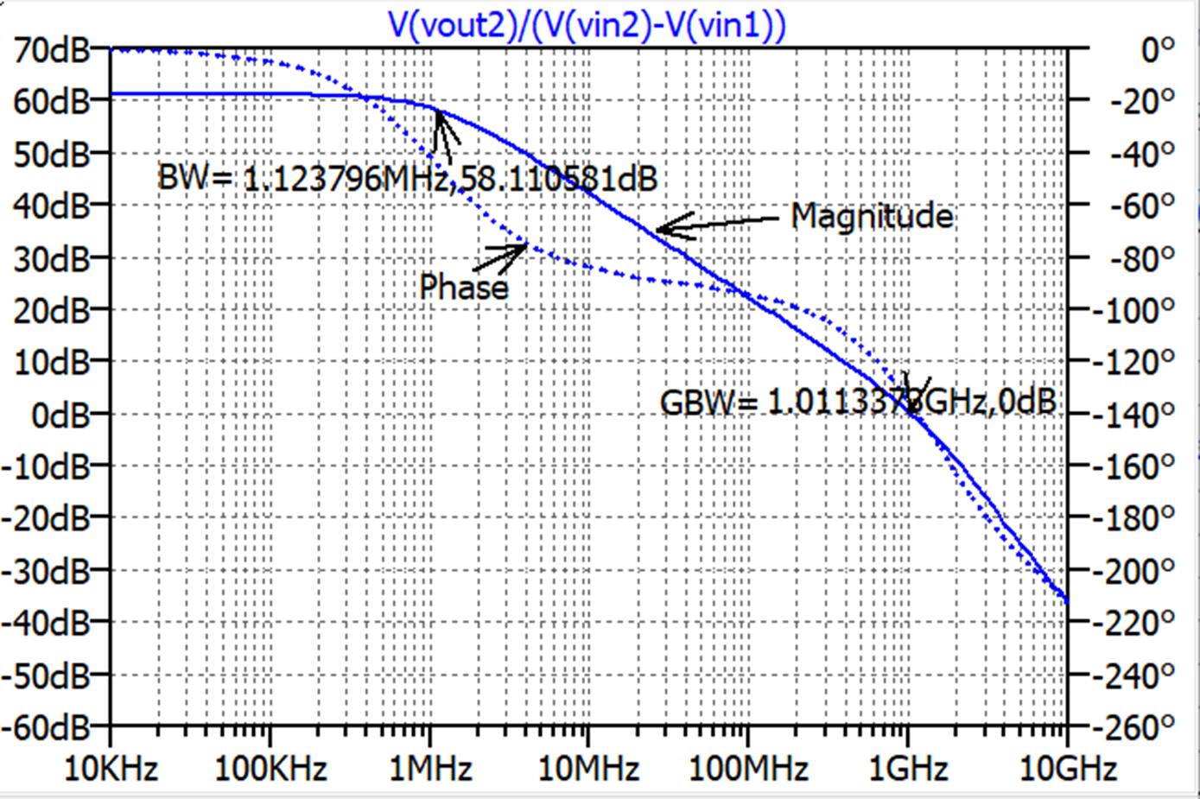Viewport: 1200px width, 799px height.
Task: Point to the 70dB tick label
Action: (x=52, y=49)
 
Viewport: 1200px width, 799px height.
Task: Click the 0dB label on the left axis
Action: (x=60, y=415)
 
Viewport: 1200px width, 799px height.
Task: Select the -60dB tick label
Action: (x=46, y=727)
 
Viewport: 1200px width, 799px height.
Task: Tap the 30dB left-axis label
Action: (x=52, y=258)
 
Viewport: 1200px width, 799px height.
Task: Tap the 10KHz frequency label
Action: (x=111, y=768)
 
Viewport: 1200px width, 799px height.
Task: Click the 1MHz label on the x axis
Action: (x=430, y=768)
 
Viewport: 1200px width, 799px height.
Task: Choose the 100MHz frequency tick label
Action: (x=747, y=768)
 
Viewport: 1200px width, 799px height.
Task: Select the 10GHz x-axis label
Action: (x=1068, y=768)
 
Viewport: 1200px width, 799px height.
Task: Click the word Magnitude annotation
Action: (x=872, y=216)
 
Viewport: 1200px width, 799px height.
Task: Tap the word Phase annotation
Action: (x=464, y=287)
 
